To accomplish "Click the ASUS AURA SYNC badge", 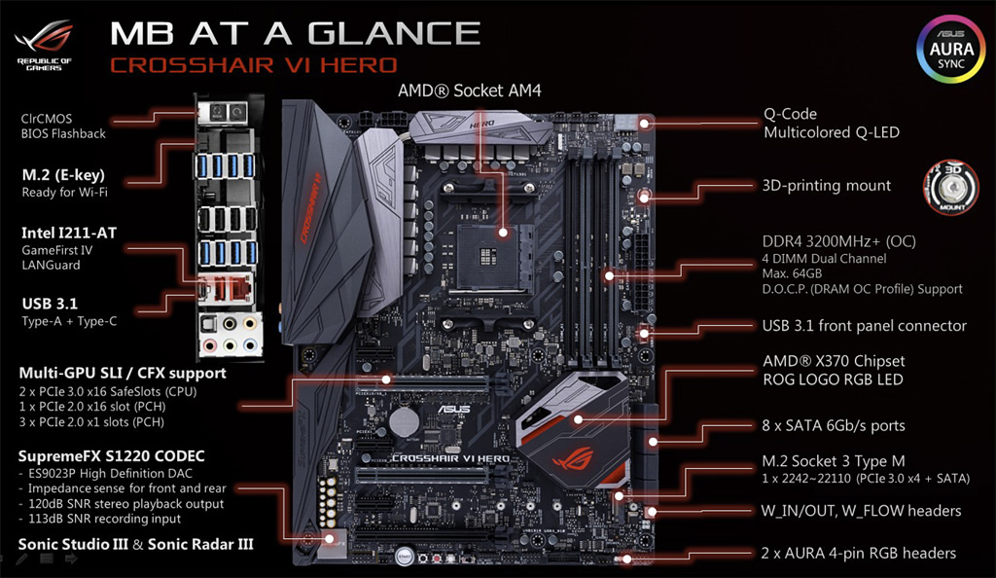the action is (x=951, y=50).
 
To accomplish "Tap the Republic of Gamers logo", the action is (x=44, y=45).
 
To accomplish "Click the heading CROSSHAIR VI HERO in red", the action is (x=254, y=65).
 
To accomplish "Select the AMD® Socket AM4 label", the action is (x=470, y=90).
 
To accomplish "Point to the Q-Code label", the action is (x=790, y=114).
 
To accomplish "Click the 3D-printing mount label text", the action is (x=827, y=186).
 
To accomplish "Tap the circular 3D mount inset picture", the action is (x=951, y=188).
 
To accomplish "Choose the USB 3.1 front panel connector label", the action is (x=865, y=326).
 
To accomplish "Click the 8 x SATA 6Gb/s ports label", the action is (x=834, y=425).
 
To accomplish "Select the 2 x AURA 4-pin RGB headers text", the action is (x=858, y=554).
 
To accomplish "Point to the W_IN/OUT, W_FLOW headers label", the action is (x=861, y=511).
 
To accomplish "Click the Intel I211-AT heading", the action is (x=69, y=234).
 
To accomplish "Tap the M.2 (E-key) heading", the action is (x=63, y=175).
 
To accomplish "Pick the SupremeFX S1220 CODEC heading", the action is (x=111, y=456).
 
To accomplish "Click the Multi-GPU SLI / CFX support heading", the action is (x=123, y=373).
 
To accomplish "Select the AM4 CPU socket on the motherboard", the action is (x=488, y=257).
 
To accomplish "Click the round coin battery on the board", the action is (x=404, y=421).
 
